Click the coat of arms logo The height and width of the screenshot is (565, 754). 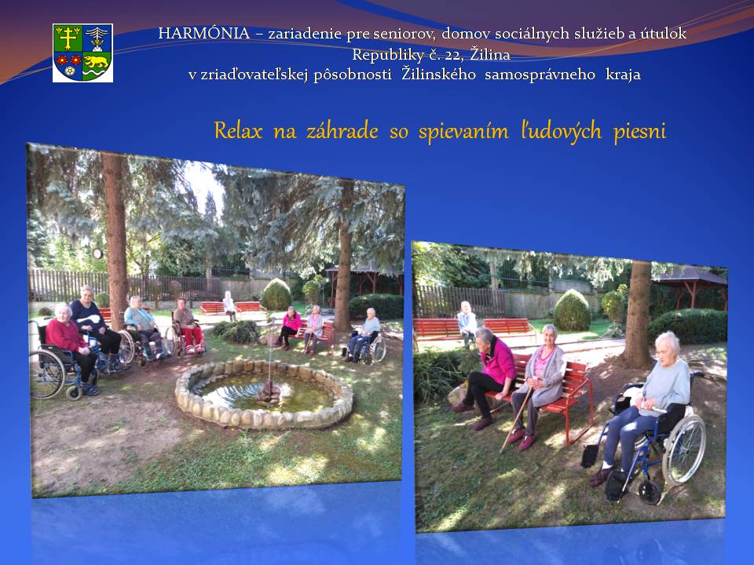(82, 53)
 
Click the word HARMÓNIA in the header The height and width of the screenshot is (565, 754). (204, 33)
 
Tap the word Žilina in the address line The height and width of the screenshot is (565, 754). (490, 54)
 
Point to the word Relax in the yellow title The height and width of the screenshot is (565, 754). (238, 131)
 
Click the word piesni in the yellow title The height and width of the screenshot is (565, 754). (639, 132)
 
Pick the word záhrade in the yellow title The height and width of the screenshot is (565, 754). (342, 131)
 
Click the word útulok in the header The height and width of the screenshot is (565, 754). (664, 33)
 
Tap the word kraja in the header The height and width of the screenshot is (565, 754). (623, 75)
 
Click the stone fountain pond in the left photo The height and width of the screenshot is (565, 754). (264, 393)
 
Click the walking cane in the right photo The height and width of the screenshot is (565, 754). (516, 419)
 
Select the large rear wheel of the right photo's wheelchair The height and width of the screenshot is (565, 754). (683, 449)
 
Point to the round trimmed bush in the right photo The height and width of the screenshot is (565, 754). (571, 310)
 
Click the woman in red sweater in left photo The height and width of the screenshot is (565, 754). (70, 347)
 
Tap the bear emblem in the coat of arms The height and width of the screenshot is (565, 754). (96, 61)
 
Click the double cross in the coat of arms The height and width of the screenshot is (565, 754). (68, 38)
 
